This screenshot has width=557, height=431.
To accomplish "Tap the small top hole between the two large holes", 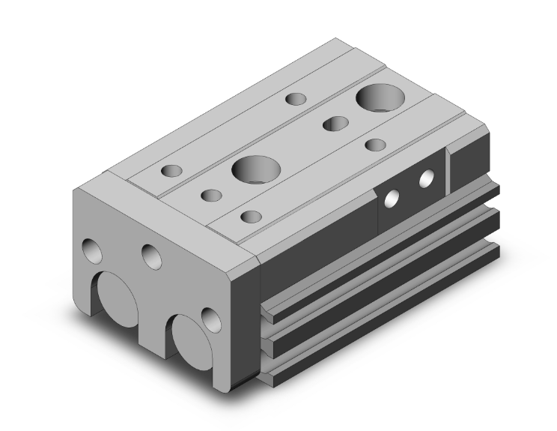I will point(332,124).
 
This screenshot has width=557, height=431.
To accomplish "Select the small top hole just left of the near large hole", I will point(212,196).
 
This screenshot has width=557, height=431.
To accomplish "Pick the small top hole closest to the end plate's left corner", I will point(172,170).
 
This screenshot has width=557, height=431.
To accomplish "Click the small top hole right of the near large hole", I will point(251,217).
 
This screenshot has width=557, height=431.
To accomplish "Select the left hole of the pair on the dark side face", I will point(391,199).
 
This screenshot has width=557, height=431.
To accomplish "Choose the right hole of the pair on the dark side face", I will point(427,178).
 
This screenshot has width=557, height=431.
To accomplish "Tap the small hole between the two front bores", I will point(151,257).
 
